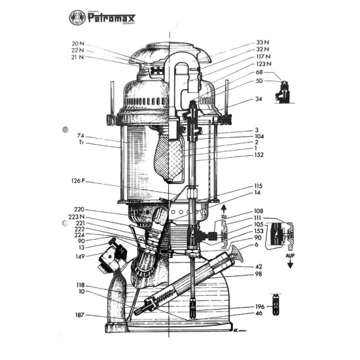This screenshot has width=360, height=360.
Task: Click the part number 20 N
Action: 78,44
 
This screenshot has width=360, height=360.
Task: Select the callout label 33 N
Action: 263,42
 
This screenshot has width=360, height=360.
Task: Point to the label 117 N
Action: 263,56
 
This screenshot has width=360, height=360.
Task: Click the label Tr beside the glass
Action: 81,142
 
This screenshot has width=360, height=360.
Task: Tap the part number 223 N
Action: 77,216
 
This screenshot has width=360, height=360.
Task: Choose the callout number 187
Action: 80,315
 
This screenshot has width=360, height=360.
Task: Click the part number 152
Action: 259,154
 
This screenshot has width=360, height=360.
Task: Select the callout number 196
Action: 260,307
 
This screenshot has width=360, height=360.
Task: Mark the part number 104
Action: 259,135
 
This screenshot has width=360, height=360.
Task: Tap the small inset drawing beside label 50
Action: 284,90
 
